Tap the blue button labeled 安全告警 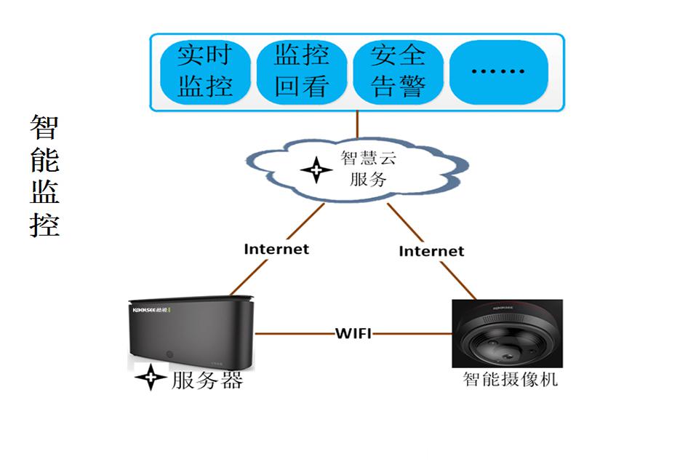pyautogui.click(x=398, y=71)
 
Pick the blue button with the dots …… pyautogui.click(x=498, y=71)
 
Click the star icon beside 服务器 pyautogui.click(x=151, y=377)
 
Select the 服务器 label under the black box pyautogui.click(x=207, y=380)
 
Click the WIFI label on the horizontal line pyautogui.click(x=353, y=334)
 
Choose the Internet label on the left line pyautogui.click(x=276, y=249)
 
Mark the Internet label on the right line pyautogui.click(x=431, y=251)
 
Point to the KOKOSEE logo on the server pyautogui.click(x=150, y=310)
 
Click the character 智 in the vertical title pyautogui.click(x=44, y=127)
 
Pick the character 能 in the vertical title pyautogui.click(x=44, y=159)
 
